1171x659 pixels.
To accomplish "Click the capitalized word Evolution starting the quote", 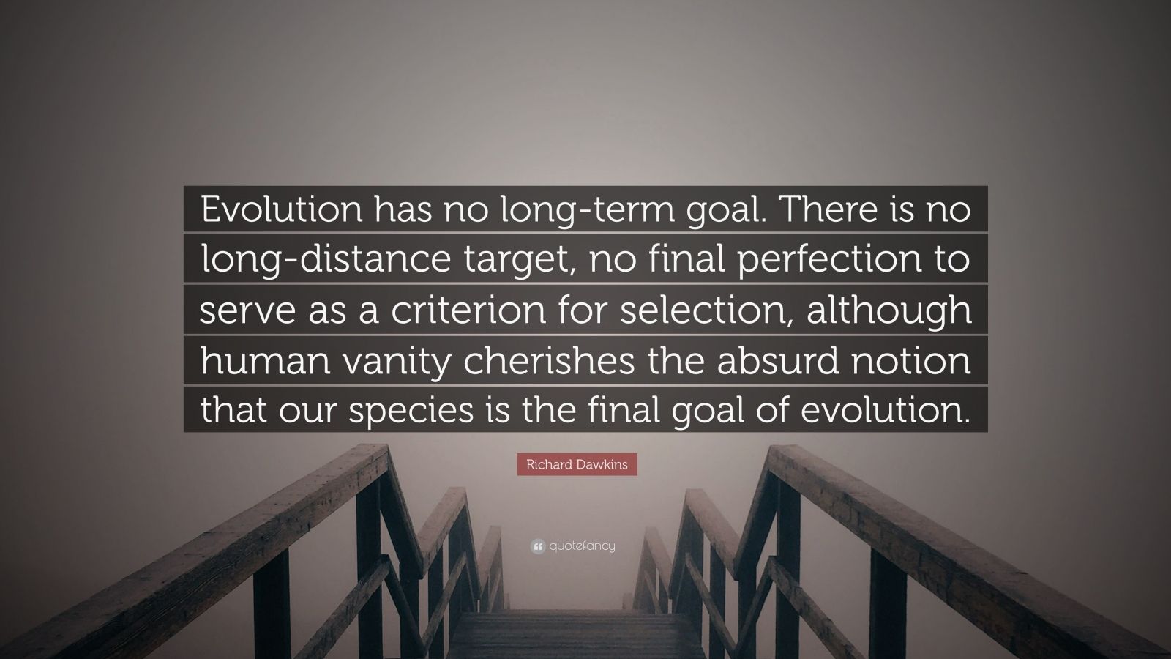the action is (x=281, y=209).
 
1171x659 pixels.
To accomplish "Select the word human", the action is (x=266, y=361).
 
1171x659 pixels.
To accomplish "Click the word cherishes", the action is (x=549, y=361).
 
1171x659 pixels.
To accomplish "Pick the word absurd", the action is (x=778, y=361).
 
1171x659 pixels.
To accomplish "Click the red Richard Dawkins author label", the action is (x=577, y=464).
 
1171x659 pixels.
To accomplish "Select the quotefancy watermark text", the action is (x=583, y=546).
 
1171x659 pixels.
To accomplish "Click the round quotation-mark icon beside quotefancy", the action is (x=538, y=547).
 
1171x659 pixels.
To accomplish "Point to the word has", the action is (x=403, y=209).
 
